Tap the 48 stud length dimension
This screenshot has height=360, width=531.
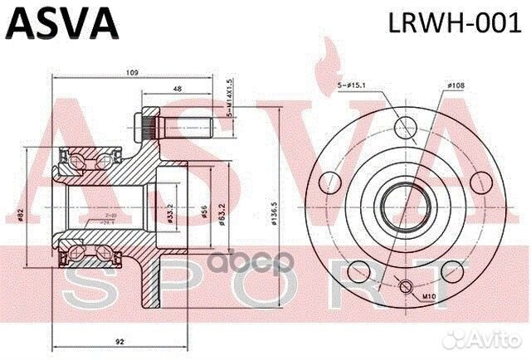click(x=178, y=90)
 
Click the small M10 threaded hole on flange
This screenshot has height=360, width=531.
click(x=405, y=287)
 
